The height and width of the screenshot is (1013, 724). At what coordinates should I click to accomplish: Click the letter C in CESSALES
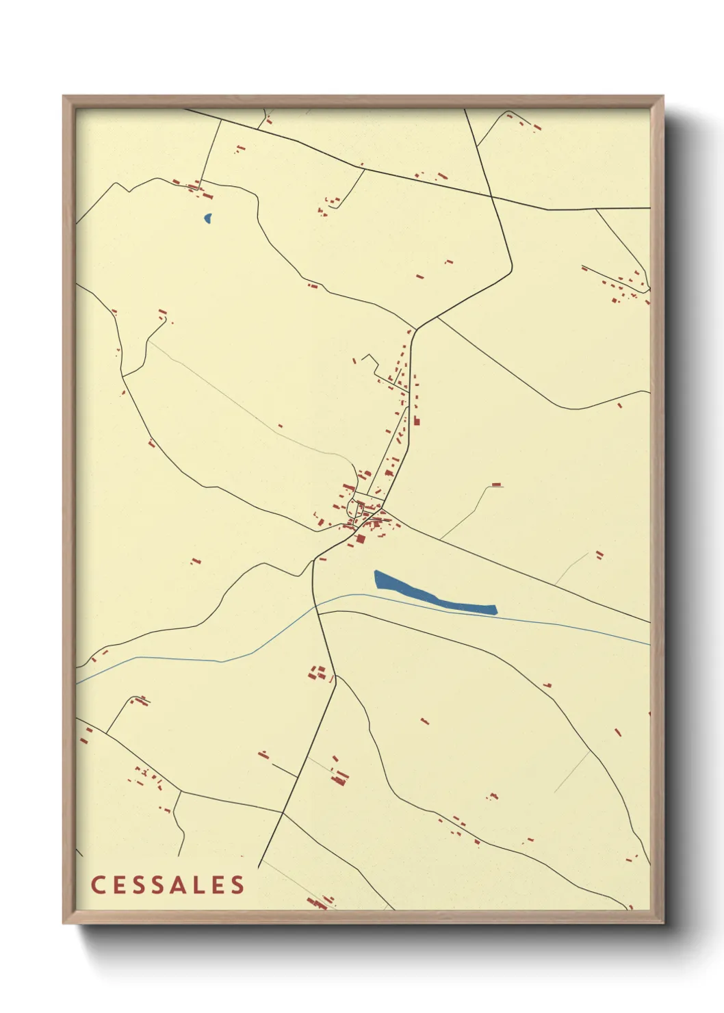97,885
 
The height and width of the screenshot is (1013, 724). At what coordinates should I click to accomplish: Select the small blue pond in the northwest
207,218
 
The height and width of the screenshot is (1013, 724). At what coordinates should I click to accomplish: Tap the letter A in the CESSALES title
176,885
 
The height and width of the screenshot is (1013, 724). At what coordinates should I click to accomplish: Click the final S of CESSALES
237,885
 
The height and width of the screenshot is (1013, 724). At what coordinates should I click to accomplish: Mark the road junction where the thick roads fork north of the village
416,329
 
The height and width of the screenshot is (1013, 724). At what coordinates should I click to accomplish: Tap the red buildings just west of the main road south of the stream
318,672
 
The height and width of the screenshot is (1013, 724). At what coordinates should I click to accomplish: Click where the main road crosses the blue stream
316,605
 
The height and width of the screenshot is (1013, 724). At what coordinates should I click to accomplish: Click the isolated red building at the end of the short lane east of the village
497,485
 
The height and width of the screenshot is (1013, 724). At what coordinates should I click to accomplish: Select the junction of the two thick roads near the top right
493,197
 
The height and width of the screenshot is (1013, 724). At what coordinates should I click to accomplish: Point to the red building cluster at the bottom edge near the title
320,903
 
